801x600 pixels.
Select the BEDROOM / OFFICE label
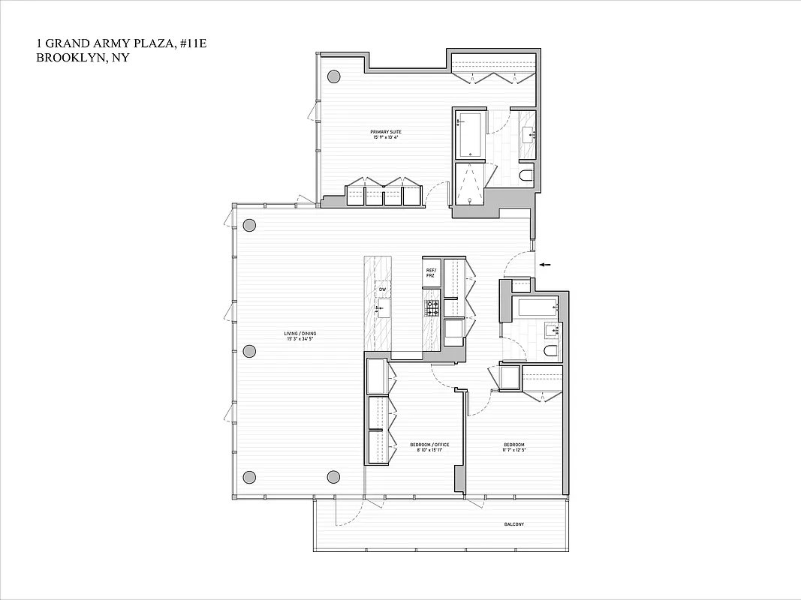click(x=429, y=445)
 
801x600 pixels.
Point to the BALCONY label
click(x=513, y=524)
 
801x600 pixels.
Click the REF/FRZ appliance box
click(x=431, y=273)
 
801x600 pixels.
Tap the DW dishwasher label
click(x=382, y=289)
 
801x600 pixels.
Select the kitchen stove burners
click(x=432, y=306)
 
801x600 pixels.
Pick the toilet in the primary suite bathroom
click(x=525, y=177)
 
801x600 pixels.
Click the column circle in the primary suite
click(x=333, y=76)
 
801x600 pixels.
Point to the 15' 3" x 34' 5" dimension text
click(x=299, y=340)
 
